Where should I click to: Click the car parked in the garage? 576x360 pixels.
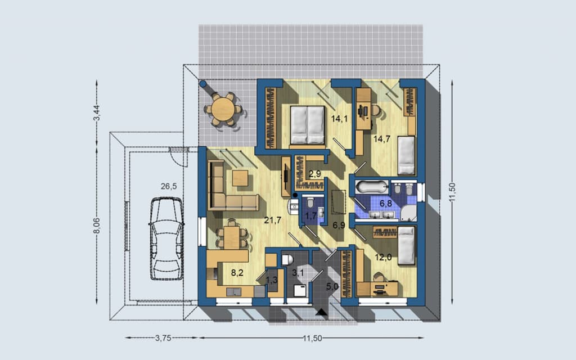click(x=166, y=238)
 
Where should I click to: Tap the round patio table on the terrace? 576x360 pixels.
click(x=223, y=109)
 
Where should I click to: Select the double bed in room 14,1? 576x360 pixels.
click(x=308, y=125)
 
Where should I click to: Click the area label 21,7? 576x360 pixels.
click(x=273, y=220)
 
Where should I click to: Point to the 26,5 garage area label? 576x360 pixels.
click(x=169, y=186)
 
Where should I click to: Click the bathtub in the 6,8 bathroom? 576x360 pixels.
click(x=372, y=187)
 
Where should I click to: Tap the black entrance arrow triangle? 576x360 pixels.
click(x=322, y=312)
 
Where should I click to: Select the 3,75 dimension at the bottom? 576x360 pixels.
click(x=163, y=338)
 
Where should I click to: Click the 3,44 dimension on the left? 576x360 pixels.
click(x=97, y=112)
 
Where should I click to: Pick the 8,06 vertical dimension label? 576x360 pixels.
click(x=97, y=226)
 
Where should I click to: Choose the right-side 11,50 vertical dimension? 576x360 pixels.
click(x=452, y=192)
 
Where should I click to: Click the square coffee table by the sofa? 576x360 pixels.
click(x=240, y=178)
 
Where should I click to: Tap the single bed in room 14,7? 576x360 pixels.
click(x=406, y=155)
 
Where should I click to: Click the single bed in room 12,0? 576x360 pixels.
click(x=406, y=245)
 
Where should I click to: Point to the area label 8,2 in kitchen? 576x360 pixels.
click(x=237, y=273)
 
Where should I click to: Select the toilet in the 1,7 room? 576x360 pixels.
click(x=310, y=202)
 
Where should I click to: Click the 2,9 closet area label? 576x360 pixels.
click(x=315, y=173)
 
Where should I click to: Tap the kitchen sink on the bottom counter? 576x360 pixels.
click(x=233, y=292)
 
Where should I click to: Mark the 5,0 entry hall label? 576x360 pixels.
click(x=332, y=287)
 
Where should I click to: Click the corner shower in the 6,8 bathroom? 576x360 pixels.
click(x=409, y=213)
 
